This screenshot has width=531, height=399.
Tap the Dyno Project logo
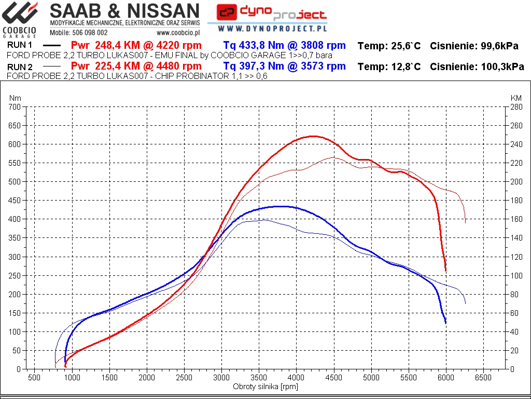pos(271,14)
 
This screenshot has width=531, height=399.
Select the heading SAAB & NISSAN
pos(124,10)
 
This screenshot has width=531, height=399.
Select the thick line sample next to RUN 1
pos(52,46)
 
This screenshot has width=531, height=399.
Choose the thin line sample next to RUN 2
pos(52,66)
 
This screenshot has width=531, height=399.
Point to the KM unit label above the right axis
pos(516,98)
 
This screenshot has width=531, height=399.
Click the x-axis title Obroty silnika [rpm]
pos(265,387)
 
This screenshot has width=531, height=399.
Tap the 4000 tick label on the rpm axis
pos(296,378)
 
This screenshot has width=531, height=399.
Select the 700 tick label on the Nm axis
pos(14,107)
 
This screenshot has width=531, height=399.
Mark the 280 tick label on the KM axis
pos(516,107)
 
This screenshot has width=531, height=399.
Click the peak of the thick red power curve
pos(313,136)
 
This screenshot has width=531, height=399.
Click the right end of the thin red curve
pos(465,223)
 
